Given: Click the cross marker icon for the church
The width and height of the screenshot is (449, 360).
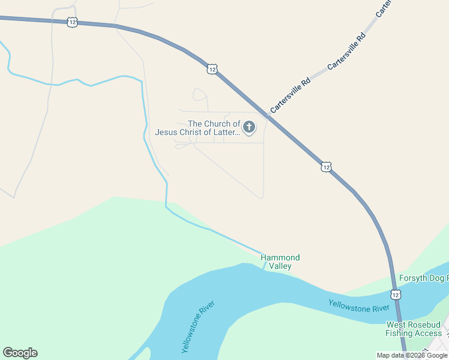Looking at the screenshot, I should point(249,127).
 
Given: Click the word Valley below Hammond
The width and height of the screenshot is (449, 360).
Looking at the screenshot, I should point(280,266).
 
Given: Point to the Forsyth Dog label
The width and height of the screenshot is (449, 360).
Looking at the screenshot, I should point(423,278).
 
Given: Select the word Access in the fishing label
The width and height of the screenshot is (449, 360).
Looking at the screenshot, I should point(429,333).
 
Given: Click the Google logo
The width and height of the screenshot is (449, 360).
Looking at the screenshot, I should point(20,353).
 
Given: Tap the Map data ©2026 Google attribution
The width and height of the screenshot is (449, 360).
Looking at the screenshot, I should point(412,355).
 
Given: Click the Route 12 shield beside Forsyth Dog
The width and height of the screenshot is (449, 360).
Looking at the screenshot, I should point(395,295).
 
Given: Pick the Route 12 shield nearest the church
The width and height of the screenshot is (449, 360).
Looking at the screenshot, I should point(212,69).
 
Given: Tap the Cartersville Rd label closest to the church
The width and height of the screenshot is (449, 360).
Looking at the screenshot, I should point(290,96).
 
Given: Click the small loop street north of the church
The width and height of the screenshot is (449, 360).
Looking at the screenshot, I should point(200,94).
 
